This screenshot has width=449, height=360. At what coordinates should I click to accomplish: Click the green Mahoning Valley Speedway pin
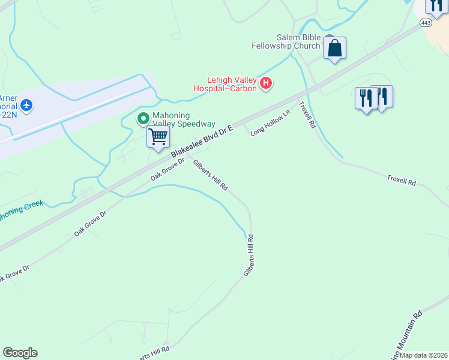[x=143, y=119]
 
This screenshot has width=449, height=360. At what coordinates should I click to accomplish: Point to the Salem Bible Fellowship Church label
[x=290, y=41]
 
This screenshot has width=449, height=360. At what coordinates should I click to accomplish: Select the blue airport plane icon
[x=26, y=106]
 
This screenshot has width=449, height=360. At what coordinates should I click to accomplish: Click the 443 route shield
[x=426, y=23]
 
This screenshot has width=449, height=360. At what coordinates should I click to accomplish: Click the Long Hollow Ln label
[x=270, y=122]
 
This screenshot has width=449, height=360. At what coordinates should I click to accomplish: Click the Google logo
[x=20, y=353]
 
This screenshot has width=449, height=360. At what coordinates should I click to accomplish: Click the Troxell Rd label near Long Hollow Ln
[x=307, y=115]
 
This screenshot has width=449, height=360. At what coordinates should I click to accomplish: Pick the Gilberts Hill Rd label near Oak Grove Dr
[x=210, y=175]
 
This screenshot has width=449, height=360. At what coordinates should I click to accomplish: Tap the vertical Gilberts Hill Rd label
[x=250, y=255]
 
